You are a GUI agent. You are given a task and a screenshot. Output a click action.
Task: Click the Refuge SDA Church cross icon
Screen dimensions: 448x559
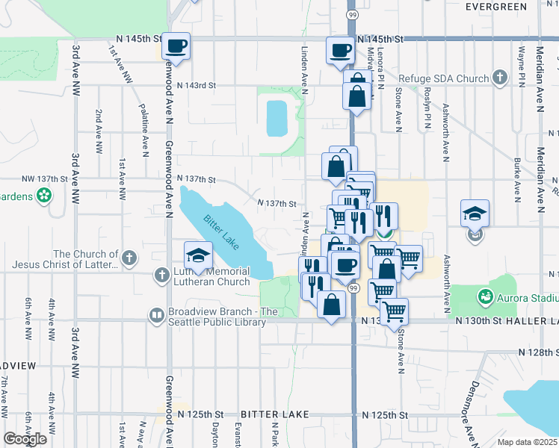(x=499, y=78)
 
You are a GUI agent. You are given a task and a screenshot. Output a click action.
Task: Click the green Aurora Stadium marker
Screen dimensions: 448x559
(x=486, y=297)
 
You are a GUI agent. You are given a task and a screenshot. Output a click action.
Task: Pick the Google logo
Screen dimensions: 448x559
(x=25, y=439)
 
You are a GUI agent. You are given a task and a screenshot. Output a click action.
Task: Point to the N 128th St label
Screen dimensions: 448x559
(x=536, y=351)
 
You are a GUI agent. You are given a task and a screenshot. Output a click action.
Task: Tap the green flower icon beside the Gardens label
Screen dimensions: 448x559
(x=45, y=196)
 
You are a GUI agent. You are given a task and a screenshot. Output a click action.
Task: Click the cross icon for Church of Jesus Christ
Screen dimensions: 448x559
(x=129, y=259)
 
